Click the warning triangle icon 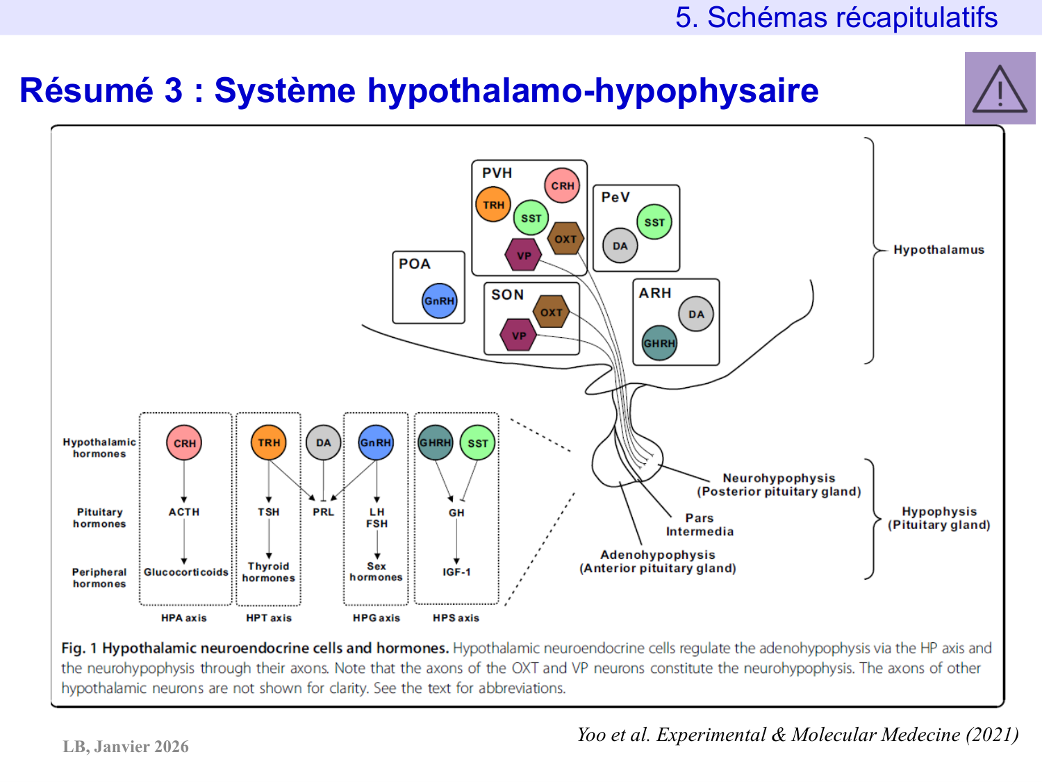click(1000, 89)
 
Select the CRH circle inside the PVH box click(562, 186)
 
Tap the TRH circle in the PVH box click(493, 205)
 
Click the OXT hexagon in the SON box click(551, 312)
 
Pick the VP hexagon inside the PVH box click(524, 255)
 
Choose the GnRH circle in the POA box click(439, 301)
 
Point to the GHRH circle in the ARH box click(659, 343)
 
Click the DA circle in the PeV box click(620, 246)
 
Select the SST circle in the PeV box click(654, 222)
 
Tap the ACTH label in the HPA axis click(184, 512)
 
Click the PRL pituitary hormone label click(323, 512)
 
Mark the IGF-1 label click(456, 572)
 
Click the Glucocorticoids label click(185, 572)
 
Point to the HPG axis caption click(376, 618)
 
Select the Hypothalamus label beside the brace click(938, 250)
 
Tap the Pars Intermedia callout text click(700, 525)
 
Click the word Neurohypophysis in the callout click(779, 478)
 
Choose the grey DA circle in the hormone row click(323, 443)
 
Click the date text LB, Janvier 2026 click(126, 747)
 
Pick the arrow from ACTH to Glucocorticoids click(184, 541)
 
